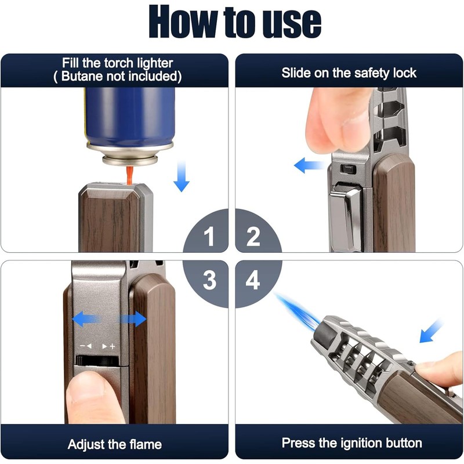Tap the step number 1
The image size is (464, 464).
point(208,237)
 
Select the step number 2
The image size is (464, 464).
point(253,237)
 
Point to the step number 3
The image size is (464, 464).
point(209,281)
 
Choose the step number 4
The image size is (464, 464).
point(253,281)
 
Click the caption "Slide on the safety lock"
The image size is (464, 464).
point(349,72)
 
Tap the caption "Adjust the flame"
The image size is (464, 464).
point(114,445)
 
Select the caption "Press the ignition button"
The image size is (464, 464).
point(351,443)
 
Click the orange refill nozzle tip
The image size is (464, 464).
point(129,173)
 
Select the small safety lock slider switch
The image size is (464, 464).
point(348,169)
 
